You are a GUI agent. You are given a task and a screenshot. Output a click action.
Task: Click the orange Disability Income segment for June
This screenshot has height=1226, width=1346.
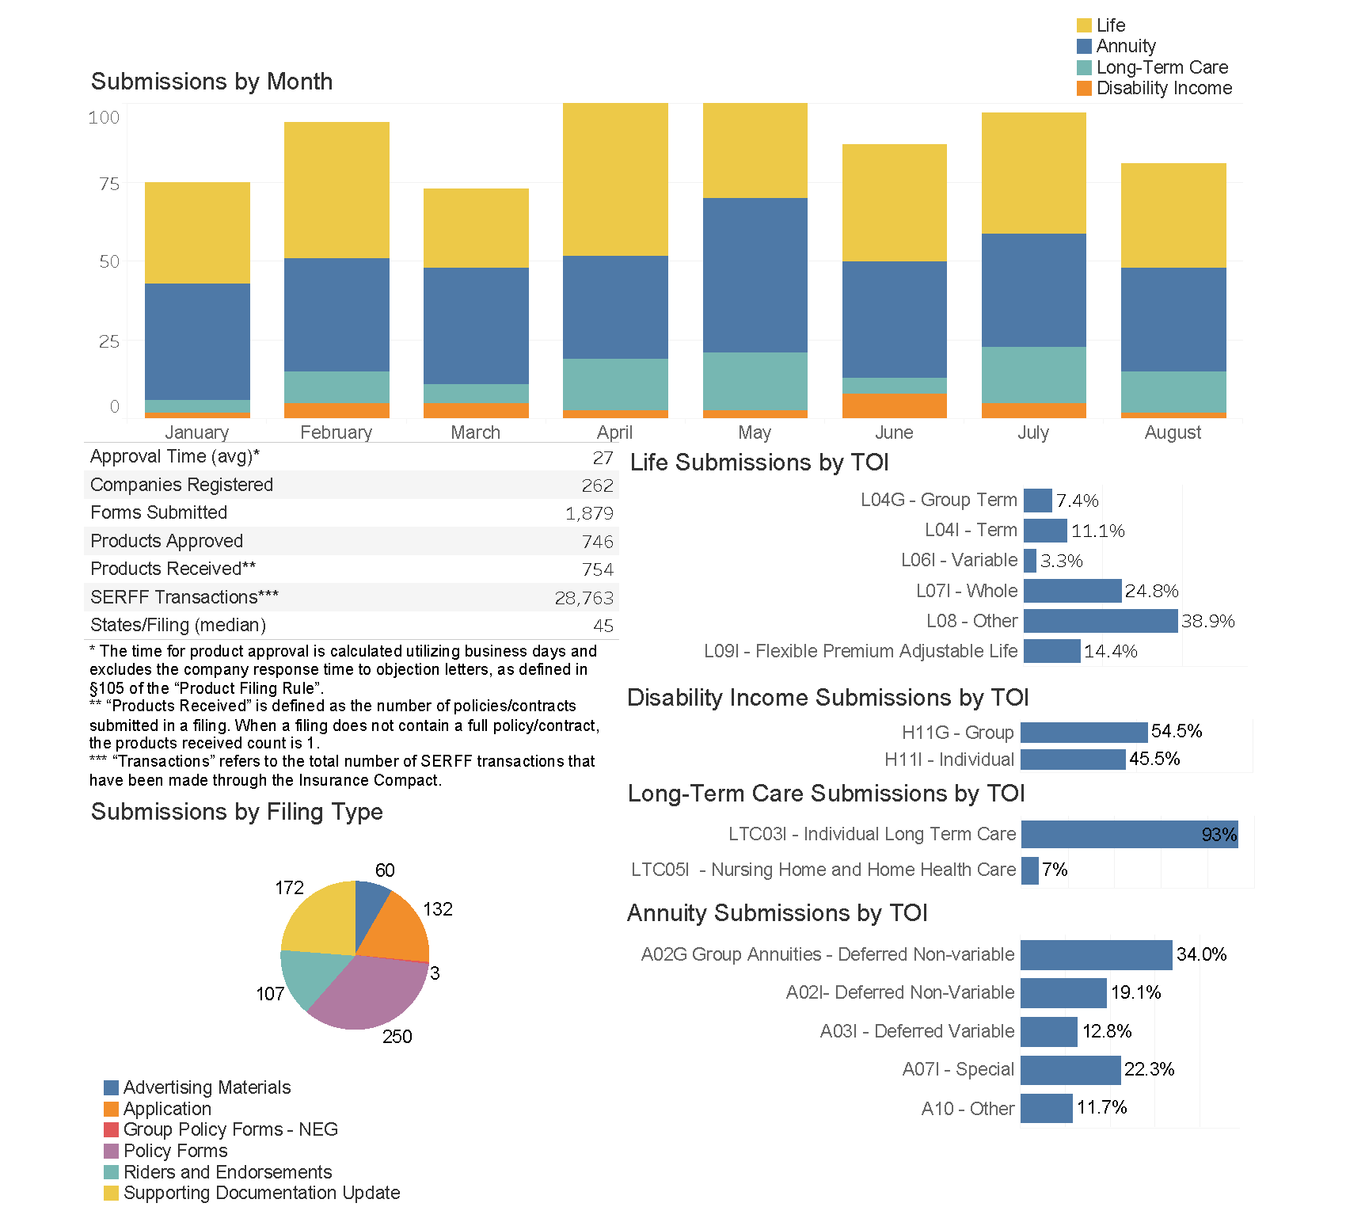[x=894, y=405]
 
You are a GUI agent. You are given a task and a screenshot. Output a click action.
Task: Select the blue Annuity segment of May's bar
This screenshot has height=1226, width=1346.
[x=755, y=275]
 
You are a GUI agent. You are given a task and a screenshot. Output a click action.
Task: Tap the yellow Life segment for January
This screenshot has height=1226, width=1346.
[x=197, y=233]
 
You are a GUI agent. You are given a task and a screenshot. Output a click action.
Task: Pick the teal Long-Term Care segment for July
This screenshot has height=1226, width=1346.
[x=1033, y=375]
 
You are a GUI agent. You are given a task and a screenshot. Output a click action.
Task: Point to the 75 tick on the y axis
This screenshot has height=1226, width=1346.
[x=109, y=184]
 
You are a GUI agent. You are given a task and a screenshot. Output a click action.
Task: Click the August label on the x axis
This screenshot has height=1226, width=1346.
[x=1173, y=432]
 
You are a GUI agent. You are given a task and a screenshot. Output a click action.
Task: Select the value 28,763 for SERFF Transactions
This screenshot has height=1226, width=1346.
[x=584, y=598]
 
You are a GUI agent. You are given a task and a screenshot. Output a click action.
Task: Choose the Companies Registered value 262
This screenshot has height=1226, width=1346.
[x=597, y=485]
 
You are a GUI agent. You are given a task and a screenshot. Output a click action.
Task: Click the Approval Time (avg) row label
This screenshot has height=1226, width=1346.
[x=175, y=456]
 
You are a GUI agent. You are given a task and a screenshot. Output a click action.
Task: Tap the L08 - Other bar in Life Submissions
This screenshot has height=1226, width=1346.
[x=1100, y=621]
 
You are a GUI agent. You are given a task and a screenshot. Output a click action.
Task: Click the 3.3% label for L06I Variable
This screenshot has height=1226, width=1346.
[x=1061, y=561]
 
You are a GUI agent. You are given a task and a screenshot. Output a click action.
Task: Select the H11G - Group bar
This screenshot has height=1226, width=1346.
[x=1083, y=732]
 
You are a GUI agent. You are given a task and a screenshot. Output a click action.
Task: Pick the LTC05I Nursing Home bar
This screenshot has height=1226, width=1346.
[x=1029, y=870]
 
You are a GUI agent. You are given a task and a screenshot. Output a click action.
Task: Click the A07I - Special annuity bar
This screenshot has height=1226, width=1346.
[x=1070, y=1070]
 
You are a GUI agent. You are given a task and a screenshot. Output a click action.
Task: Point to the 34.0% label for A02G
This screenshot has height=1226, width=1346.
[x=1201, y=954]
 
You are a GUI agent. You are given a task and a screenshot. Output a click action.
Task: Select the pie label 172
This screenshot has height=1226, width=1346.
[x=289, y=888]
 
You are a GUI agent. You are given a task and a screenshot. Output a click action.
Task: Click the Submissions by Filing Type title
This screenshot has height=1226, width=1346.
[x=237, y=812]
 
